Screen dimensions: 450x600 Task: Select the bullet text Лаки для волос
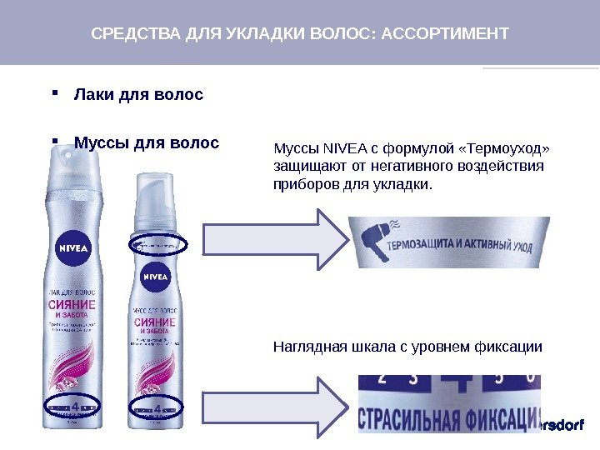[x=138, y=95]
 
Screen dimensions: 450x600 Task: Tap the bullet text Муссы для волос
[x=147, y=143]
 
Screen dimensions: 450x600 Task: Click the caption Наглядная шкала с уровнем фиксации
[x=407, y=347]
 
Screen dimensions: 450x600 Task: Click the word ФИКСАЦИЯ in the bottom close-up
[x=500, y=419]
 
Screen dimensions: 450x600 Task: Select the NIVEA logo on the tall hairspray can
[x=73, y=248]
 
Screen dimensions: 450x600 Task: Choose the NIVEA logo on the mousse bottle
[x=155, y=276]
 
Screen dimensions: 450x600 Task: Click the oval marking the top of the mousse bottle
[x=160, y=244]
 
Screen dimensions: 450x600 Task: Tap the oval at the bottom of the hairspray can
[x=73, y=408]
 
